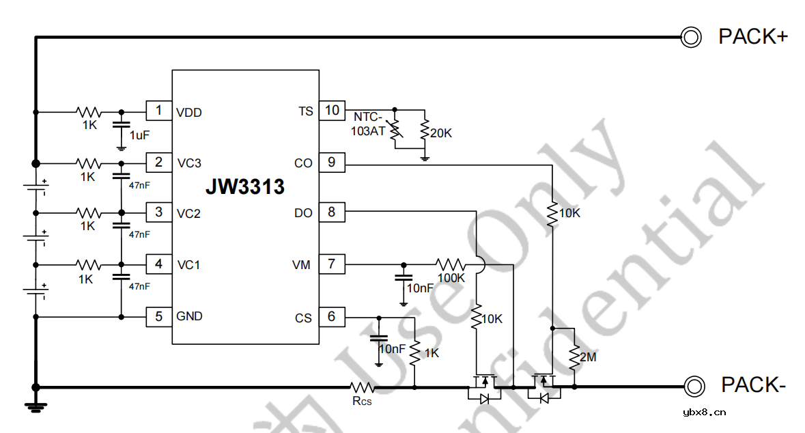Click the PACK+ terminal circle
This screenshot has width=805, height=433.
point(691,37)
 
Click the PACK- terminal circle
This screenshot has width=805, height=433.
point(694,386)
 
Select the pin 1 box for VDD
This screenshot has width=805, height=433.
point(158,111)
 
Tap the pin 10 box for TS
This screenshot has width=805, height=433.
point(332,111)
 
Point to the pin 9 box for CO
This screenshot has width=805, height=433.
point(332,163)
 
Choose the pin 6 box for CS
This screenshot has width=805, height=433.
point(332,317)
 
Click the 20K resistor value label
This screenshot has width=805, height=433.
point(440,133)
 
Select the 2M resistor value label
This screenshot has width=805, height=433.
point(587,357)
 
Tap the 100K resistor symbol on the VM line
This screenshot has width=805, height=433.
point(451,264)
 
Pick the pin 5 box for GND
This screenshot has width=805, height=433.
point(158,317)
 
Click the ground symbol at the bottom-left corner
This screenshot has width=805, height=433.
point(36,406)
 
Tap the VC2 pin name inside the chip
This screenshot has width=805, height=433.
point(188,214)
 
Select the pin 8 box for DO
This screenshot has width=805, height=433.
point(332,212)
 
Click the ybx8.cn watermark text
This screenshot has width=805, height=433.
point(704,412)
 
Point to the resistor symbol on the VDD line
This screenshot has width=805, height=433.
point(89,111)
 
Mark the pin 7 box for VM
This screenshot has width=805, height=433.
point(332,264)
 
